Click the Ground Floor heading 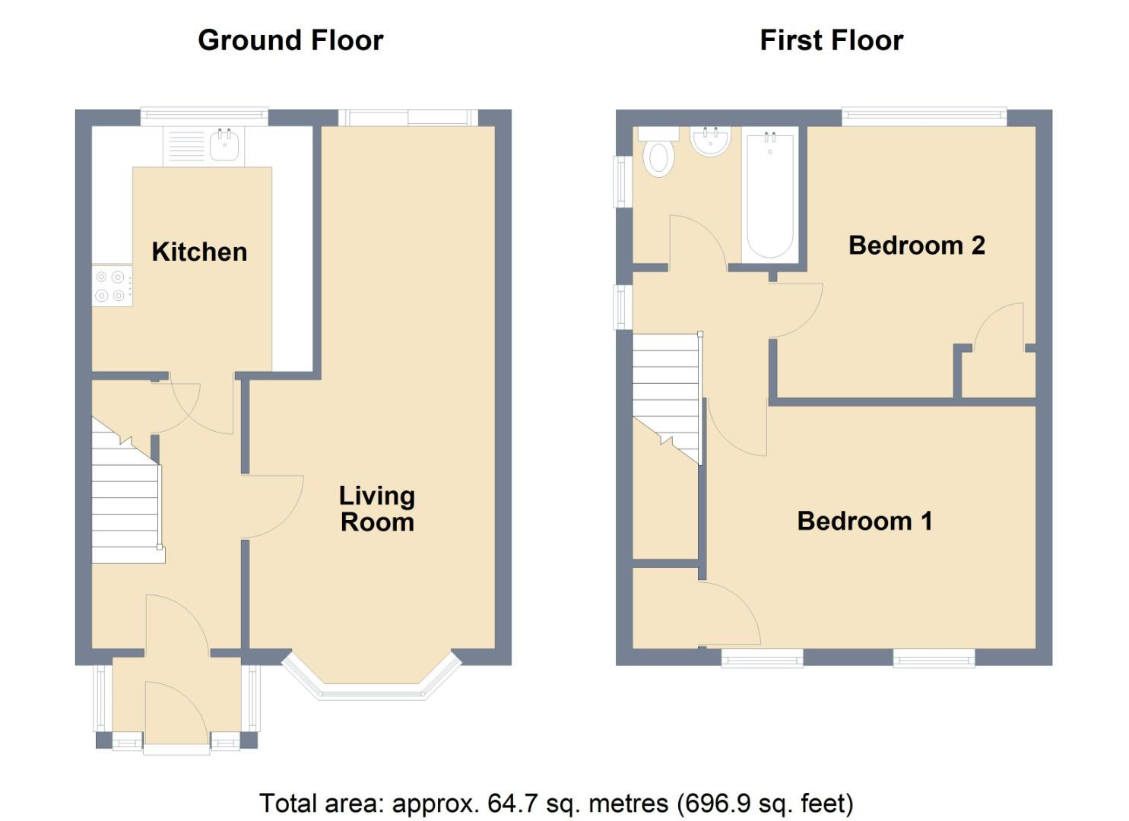pyautogui.click(x=291, y=40)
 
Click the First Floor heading pyautogui.click(x=832, y=40)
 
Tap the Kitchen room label pyautogui.click(x=200, y=252)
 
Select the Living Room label pyautogui.click(x=377, y=509)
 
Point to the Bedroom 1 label pyautogui.click(x=865, y=521)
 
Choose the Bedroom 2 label pyautogui.click(x=917, y=246)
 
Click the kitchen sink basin pyautogui.click(x=224, y=144)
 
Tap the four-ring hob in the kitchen pyautogui.click(x=112, y=286)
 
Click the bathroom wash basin pyautogui.click(x=710, y=141)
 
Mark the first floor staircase pyautogui.click(x=667, y=398)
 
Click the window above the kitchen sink pyautogui.click(x=204, y=116)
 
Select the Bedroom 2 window pyautogui.click(x=924, y=116)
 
